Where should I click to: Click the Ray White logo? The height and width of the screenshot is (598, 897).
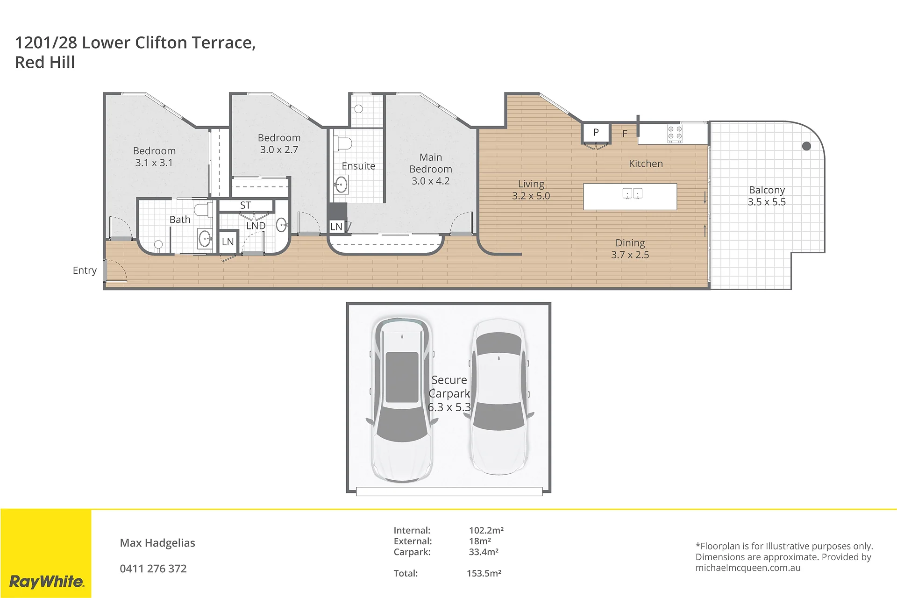pyautogui.click(x=47, y=582)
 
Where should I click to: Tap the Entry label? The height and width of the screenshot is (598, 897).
pyautogui.click(x=85, y=271)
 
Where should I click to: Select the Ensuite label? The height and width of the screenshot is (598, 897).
pyautogui.click(x=358, y=166)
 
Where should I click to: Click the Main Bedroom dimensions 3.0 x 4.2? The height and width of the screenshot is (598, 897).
pyautogui.click(x=430, y=181)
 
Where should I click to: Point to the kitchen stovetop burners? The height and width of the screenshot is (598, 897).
pyautogui.click(x=675, y=134)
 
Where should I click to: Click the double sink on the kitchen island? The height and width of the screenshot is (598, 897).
pyautogui.click(x=633, y=193)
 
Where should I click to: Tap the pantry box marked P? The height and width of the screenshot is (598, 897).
pyautogui.click(x=596, y=133)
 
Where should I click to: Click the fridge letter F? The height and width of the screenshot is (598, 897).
pyautogui.click(x=625, y=134)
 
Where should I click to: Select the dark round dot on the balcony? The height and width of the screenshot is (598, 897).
pyautogui.click(x=806, y=146)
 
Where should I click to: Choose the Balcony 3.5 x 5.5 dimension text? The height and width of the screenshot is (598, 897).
pyautogui.click(x=767, y=202)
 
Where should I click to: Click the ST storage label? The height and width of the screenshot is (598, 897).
pyautogui.click(x=245, y=206)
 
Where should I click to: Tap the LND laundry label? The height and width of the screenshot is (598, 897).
pyautogui.click(x=256, y=226)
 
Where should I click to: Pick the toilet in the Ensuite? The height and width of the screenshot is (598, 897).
pyautogui.click(x=342, y=143)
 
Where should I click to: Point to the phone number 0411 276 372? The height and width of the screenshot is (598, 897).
pyautogui.click(x=153, y=569)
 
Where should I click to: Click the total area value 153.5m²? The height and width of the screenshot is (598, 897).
pyautogui.click(x=484, y=573)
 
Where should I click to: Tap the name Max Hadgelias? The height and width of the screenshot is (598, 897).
pyautogui.click(x=157, y=543)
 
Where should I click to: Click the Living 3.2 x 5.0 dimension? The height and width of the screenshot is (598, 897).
pyautogui.click(x=531, y=196)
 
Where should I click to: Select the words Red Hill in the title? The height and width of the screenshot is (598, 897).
pyautogui.click(x=45, y=62)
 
